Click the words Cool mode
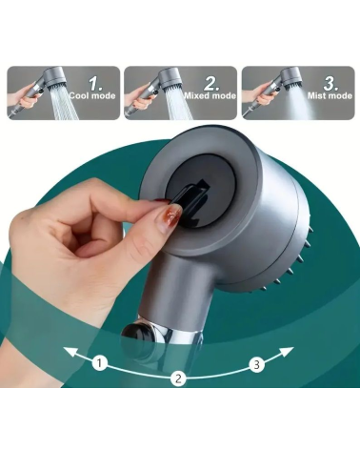click(x=92, y=95)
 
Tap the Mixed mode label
click(x=210, y=95)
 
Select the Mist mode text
click(x=330, y=95)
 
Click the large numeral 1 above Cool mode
click(x=95, y=83)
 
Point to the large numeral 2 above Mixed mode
click(x=211, y=83)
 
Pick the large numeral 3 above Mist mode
click(x=330, y=83)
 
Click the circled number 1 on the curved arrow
click(x=100, y=362)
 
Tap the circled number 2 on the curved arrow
click(x=178, y=378)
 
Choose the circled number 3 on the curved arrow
click(x=257, y=364)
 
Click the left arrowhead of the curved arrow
click(x=70, y=352)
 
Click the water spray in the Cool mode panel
click(x=65, y=103)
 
